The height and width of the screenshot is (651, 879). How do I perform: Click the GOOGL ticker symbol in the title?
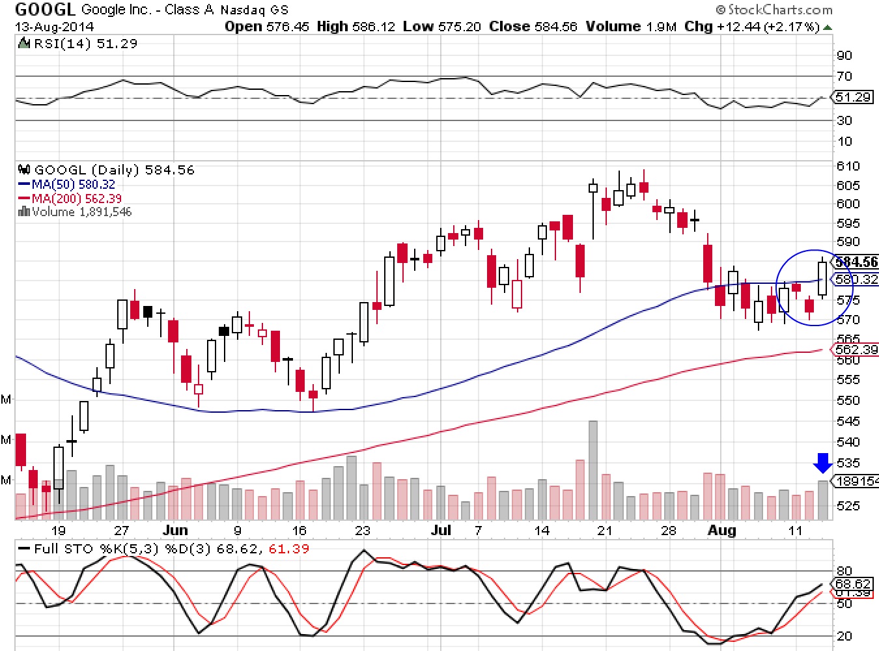pyautogui.click(x=44, y=9)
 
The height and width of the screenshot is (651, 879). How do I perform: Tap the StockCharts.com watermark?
pyautogui.click(x=774, y=10)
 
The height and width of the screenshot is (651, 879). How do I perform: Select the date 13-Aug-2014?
pyautogui.click(x=55, y=27)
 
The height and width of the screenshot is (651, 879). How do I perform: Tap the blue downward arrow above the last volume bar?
pyautogui.click(x=823, y=463)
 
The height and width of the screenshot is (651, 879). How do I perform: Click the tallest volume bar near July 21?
pyautogui.click(x=593, y=469)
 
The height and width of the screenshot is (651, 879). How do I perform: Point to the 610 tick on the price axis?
pyautogui.click(x=848, y=166)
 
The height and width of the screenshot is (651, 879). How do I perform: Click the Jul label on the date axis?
pyautogui.click(x=441, y=530)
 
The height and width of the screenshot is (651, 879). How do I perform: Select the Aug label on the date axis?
pyautogui.click(x=721, y=530)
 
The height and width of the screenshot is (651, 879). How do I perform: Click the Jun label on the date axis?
pyautogui.click(x=175, y=530)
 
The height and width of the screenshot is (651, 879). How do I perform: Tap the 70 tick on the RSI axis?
pyautogui.click(x=844, y=76)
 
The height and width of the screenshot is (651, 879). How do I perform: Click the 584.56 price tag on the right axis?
pyautogui.click(x=856, y=262)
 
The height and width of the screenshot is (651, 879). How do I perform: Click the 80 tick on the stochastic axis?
pyautogui.click(x=844, y=571)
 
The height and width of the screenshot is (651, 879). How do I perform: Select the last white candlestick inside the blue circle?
pyautogui.click(x=822, y=278)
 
